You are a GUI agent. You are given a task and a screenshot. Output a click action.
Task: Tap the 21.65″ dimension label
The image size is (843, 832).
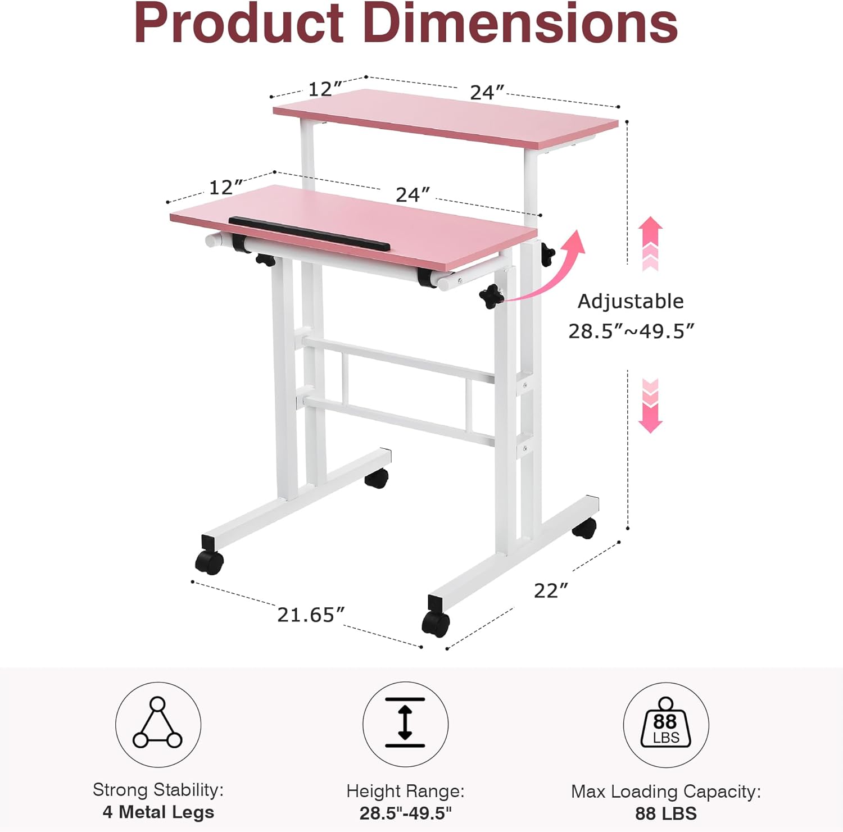pyautogui.click(x=311, y=615)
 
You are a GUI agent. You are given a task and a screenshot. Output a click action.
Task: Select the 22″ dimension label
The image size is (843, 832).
pyautogui.click(x=551, y=590)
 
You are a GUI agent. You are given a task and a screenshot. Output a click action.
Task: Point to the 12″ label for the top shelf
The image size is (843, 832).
pyautogui.click(x=325, y=89)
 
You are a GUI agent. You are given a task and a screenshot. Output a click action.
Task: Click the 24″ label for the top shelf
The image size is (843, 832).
pyautogui.click(x=487, y=92)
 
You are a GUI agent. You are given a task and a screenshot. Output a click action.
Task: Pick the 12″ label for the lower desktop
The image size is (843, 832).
pyautogui.click(x=225, y=187)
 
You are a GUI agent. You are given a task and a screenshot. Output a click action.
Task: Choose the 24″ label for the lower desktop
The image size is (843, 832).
pyautogui.click(x=413, y=194)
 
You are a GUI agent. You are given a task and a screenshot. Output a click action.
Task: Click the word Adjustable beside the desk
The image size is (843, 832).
pyautogui.click(x=631, y=302)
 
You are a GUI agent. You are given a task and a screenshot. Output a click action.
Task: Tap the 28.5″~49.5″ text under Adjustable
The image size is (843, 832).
pyautogui.click(x=631, y=331)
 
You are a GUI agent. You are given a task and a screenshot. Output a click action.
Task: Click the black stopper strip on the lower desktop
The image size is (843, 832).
pyautogui.click(x=309, y=233)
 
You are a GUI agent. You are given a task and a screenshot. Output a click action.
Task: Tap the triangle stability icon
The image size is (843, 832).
pyautogui.click(x=158, y=724)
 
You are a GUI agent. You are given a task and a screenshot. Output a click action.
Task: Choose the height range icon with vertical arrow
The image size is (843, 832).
pyautogui.click(x=405, y=724)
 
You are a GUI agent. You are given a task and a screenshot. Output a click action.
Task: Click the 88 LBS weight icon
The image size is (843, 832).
pyautogui.click(x=666, y=725)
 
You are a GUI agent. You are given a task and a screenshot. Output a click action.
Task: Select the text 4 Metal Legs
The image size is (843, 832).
pyautogui.click(x=158, y=812)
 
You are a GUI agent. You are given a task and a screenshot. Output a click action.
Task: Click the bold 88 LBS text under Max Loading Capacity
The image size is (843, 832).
pyautogui.click(x=666, y=813)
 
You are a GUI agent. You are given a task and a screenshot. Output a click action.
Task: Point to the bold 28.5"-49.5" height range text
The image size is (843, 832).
pyautogui.click(x=405, y=813)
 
